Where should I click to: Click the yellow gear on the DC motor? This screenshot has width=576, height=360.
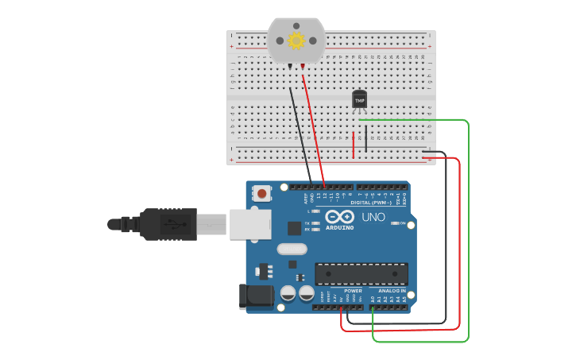pos(296,41)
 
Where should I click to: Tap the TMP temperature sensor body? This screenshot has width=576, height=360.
pos(360,99)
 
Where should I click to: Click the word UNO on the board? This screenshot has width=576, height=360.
pos(373,217)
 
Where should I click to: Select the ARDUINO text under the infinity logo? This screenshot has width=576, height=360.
pos(339,228)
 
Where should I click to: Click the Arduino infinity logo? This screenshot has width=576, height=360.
pos(339,217)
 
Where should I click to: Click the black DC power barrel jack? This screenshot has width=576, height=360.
pos(257,297)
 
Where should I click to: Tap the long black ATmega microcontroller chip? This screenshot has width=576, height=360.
pos(361,273)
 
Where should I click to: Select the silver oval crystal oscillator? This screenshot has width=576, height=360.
pos(292,249)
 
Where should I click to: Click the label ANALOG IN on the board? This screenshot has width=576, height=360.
pos(392,291)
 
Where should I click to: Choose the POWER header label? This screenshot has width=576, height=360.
pos(353,291)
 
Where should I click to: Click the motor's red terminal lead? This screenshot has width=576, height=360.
pos(303,66)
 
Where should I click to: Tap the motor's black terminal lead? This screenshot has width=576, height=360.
pos(291,66)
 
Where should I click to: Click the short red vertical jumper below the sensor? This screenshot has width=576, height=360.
pos(354,145)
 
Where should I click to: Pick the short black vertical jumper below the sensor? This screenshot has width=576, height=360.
pos(365,137)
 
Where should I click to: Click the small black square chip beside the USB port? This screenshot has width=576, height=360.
pos(294,228)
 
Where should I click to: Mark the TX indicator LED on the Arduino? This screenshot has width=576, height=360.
pos(316,223)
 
